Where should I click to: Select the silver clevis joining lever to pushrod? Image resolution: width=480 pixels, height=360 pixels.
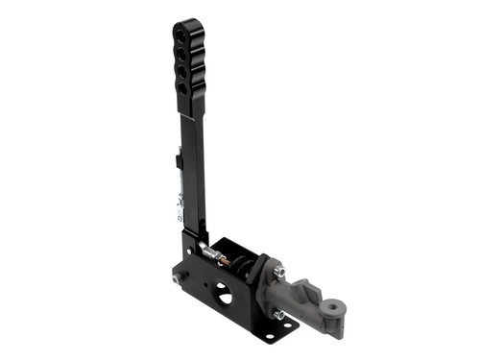[208, 252]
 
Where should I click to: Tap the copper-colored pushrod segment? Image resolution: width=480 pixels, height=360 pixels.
[222, 258]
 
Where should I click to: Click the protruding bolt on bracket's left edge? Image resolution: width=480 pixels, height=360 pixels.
[175, 279]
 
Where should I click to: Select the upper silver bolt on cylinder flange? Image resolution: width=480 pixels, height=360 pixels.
[280, 273]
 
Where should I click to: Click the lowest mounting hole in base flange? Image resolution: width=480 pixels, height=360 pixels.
[271, 333]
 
